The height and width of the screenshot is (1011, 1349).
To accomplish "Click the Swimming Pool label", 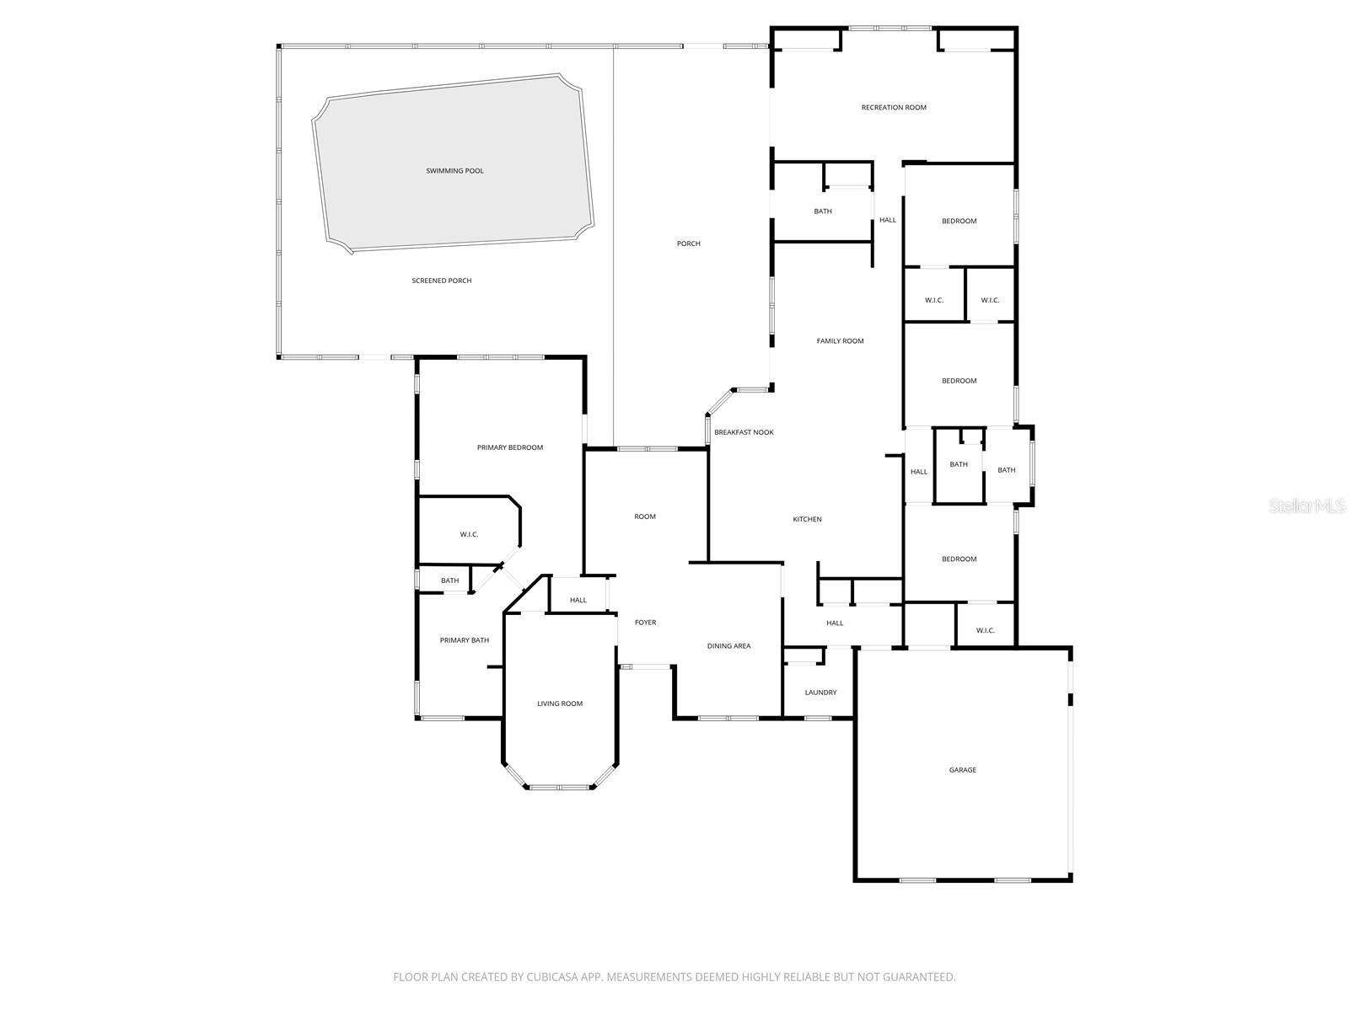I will [x=454, y=171].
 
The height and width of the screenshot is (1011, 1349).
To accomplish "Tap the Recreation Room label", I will [x=894, y=108].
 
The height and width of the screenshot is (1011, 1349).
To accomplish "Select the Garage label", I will [x=963, y=770].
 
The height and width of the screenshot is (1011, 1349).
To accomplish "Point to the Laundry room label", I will [x=820, y=693].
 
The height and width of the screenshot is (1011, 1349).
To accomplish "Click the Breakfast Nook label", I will [x=744, y=432].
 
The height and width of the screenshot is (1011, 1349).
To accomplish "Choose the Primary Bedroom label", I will [x=510, y=447].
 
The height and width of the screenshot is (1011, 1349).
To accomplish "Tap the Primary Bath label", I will [x=465, y=640].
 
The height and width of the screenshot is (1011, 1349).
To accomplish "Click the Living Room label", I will [x=560, y=703].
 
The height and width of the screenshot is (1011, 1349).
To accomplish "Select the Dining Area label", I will [x=728, y=646].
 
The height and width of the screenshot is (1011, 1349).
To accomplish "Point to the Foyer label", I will [x=645, y=623].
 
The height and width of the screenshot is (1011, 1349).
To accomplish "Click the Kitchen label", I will [x=807, y=519].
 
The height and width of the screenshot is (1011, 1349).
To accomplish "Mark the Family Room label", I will [x=840, y=341].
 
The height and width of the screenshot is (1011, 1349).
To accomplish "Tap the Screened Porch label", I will [x=442, y=281].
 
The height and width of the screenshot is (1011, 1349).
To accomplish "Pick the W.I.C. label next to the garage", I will [x=986, y=630].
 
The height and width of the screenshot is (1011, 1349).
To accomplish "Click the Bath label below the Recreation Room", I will [x=823, y=211].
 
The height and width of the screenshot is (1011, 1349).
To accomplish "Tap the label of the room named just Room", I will [x=645, y=516].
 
